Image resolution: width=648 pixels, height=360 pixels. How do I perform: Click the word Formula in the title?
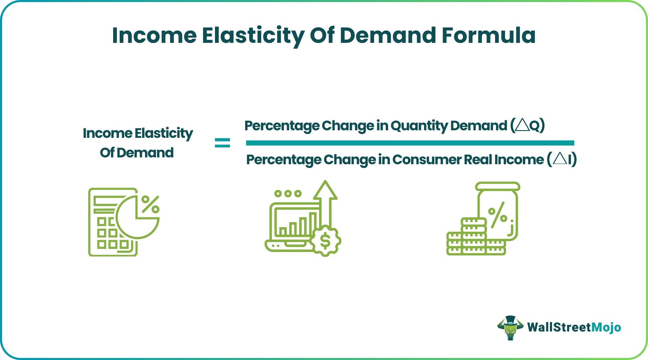coord(488,35)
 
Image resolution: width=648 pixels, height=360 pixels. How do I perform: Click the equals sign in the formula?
coord(223,143)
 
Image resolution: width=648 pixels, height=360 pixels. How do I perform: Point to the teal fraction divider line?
coord(410,143)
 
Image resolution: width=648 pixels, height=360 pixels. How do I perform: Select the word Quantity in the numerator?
coord(419,126)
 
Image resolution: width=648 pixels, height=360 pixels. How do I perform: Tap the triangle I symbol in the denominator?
coord(562,159)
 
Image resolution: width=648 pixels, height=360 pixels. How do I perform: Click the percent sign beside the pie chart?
coord(151,204)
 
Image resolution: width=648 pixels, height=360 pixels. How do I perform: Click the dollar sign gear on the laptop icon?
coord(325,241)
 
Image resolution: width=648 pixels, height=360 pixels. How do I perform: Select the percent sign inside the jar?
coord(497,215)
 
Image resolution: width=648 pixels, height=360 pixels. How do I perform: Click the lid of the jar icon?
coord(497,186)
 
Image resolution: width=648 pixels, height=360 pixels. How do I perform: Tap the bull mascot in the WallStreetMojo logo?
coord(511,328)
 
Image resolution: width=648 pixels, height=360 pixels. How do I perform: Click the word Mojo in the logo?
coord(606,328)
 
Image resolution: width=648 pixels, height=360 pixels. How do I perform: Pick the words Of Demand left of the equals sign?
coord(137,153)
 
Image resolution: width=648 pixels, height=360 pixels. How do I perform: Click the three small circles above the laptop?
coord(288,194)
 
